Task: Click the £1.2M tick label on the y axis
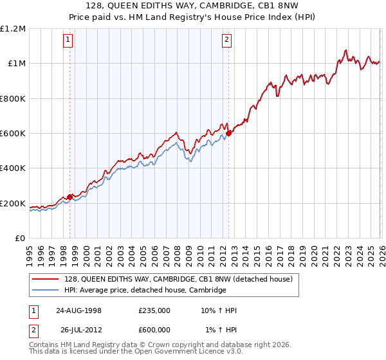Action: click(x=13, y=28)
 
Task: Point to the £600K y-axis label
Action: click(x=13, y=134)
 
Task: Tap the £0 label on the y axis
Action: click(x=21, y=239)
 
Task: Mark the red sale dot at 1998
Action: click(x=70, y=197)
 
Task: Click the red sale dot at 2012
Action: click(x=228, y=133)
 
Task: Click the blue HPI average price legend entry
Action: click(x=145, y=291)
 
